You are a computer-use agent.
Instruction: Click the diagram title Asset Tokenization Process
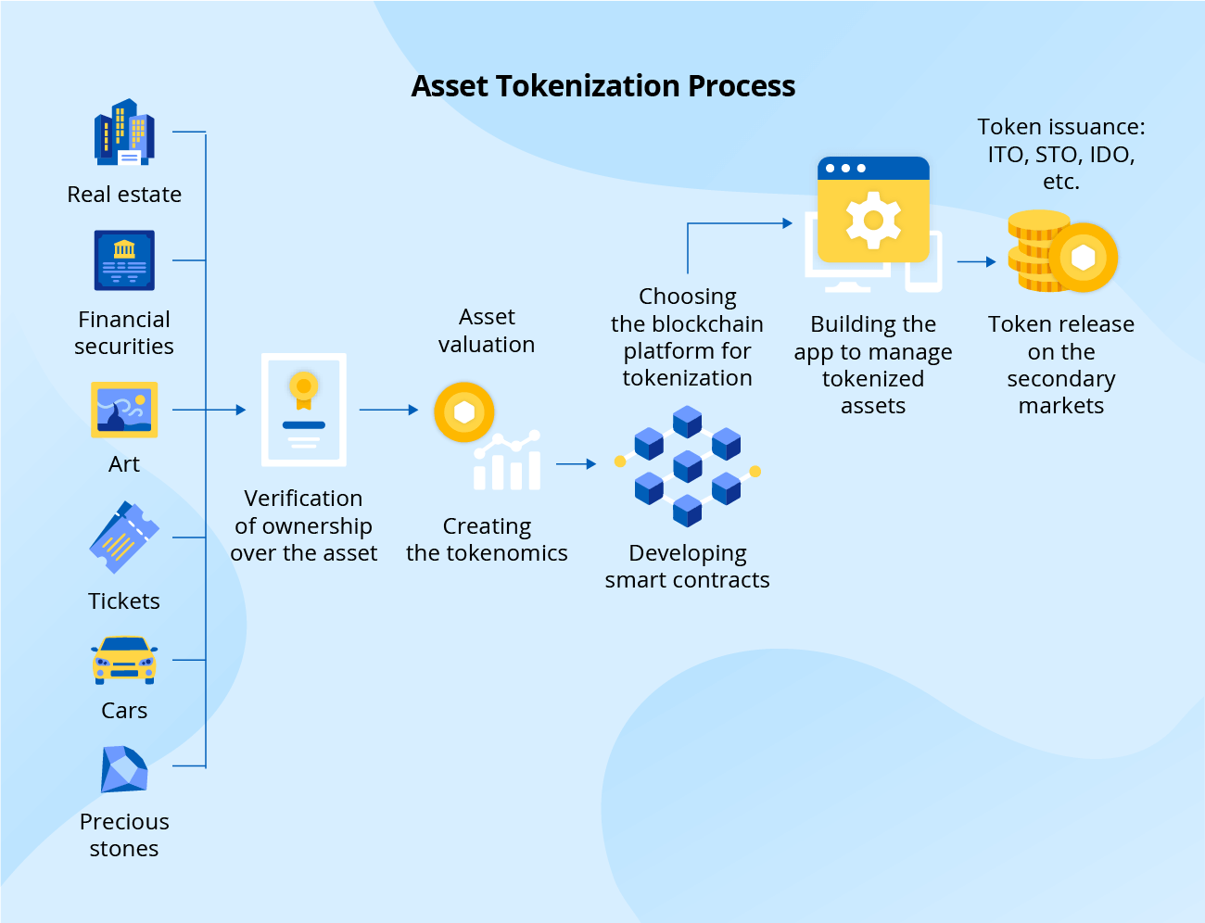(602, 86)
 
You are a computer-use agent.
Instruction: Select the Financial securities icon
(124, 260)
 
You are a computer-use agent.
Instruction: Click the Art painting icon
(124, 409)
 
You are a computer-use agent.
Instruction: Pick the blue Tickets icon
(124, 537)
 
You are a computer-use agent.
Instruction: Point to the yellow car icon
(124, 660)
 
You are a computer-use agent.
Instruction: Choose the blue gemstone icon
(124, 769)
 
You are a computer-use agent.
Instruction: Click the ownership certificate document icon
(304, 409)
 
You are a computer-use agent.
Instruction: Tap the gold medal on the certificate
(303, 387)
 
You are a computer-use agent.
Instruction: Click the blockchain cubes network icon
(687, 465)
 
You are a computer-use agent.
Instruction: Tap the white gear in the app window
(873, 221)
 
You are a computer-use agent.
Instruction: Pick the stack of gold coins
(1038, 252)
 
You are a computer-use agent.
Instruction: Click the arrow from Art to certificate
(209, 410)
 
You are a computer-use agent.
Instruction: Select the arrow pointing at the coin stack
(976, 262)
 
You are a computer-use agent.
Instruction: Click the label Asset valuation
(487, 331)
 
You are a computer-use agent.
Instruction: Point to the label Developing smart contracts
(687, 566)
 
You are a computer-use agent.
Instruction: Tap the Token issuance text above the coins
(1061, 154)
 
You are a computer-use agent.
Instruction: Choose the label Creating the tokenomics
(487, 539)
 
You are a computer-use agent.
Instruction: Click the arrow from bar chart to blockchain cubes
(576, 464)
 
